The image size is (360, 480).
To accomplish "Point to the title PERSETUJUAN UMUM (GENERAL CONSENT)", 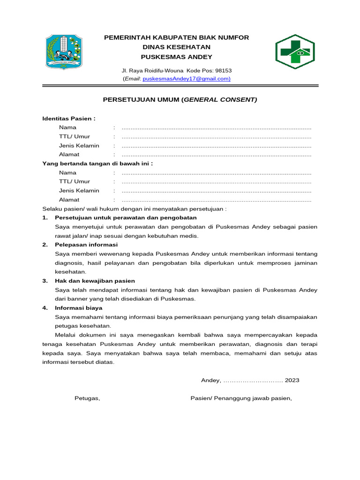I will (x=180, y=100).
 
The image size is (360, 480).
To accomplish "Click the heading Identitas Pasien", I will (x=69, y=119).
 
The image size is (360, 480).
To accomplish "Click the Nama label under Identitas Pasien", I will (x=67, y=127).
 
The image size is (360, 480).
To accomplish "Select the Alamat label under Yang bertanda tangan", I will (x=69, y=200).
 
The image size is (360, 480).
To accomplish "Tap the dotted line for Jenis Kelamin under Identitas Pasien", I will (x=216, y=146).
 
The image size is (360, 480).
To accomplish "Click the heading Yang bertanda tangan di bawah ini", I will (x=97, y=164).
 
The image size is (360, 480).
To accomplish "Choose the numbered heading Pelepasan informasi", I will (x=86, y=245).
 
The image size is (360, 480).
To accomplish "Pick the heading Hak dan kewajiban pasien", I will (x=95, y=281).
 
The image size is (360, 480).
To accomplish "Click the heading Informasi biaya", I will (x=78, y=308).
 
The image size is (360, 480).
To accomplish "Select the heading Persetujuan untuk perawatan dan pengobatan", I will (x=126, y=218).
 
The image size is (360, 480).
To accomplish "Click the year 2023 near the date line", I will (x=292, y=380).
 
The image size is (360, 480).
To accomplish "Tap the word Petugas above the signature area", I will (x=87, y=398).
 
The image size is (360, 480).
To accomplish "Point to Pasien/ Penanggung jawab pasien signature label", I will (x=241, y=398).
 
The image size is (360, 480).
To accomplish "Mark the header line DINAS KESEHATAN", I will (x=176, y=47).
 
